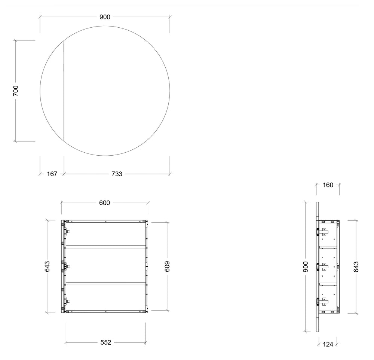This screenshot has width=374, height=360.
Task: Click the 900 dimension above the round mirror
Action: pos(105,17)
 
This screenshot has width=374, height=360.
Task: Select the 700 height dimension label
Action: pos(15,91)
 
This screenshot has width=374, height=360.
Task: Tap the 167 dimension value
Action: pos(52,174)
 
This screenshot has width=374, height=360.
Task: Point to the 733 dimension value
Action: pos(117,174)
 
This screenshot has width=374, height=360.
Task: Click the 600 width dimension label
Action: pos(104,203)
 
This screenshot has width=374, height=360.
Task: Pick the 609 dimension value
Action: pos(167,266)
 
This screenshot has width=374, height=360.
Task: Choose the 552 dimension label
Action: pos(106,342)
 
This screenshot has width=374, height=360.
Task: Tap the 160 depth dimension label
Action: pos(328,185)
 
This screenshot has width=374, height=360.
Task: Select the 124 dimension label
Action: pos(328,344)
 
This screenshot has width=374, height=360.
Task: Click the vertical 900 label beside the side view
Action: pos(306,267)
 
